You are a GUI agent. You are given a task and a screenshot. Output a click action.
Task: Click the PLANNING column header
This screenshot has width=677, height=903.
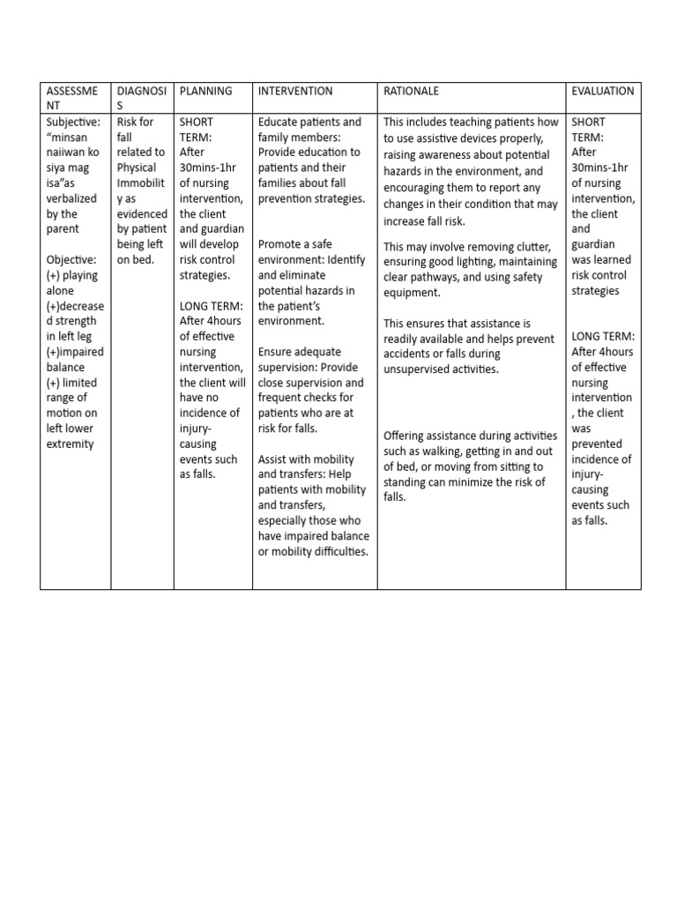pyautogui.click(x=205, y=91)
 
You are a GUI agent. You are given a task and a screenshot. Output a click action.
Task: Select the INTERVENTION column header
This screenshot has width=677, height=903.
pyautogui.click(x=294, y=91)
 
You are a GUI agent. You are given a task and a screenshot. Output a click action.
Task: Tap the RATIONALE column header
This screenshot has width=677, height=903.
pyautogui.click(x=410, y=91)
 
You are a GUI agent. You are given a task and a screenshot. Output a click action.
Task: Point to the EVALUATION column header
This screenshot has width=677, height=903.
pyautogui.click(x=603, y=91)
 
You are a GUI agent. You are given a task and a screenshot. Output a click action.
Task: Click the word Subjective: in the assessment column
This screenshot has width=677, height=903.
pyautogui.click(x=75, y=122)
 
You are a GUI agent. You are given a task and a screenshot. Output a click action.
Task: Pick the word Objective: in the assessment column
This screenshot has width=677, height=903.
pyautogui.click(x=74, y=259)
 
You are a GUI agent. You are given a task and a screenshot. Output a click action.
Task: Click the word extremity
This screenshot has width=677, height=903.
pyautogui.click(x=70, y=444)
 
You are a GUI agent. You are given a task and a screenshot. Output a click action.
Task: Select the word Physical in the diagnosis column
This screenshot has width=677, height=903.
pyautogui.click(x=137, y=168)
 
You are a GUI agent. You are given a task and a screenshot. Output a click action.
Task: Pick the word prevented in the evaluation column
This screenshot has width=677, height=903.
pyautogui.click(x=597, y=444)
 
